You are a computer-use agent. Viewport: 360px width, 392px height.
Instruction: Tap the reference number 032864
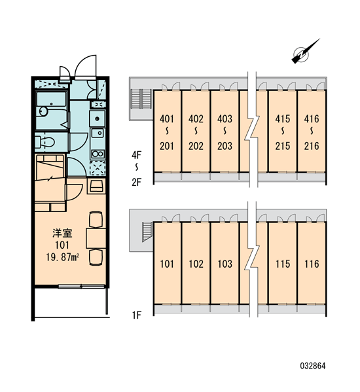click(x=313, y=366)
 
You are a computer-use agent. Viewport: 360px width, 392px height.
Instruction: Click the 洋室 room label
click(x=62, y=233)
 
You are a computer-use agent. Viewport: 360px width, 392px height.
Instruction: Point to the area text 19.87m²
click(x=62, y=257)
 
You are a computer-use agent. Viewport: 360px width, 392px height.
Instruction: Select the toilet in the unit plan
click(x=45, y=142)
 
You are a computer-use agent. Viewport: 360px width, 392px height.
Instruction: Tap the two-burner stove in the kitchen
click(x=98, y=154)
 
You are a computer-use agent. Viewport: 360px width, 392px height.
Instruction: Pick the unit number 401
click(x=167, y=118)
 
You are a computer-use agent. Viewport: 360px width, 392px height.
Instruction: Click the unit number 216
click(x=312, y=146)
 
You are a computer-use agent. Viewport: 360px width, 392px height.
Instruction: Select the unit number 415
click(x=283, y=118)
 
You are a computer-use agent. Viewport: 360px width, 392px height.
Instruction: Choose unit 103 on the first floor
click(x=225, y=264)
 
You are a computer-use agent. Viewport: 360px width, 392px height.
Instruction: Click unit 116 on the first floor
click(x=312, y=264)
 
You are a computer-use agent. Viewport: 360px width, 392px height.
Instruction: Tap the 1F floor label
click(x=137, y=315)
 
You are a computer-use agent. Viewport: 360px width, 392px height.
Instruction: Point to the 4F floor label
click(x=137, y=155)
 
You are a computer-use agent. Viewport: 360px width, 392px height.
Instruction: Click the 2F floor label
click(x=137, y=182)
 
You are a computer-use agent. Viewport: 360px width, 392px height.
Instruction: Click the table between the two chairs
click(x=96, y=238)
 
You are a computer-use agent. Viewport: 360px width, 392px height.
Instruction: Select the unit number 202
click(x=196, y=146)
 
